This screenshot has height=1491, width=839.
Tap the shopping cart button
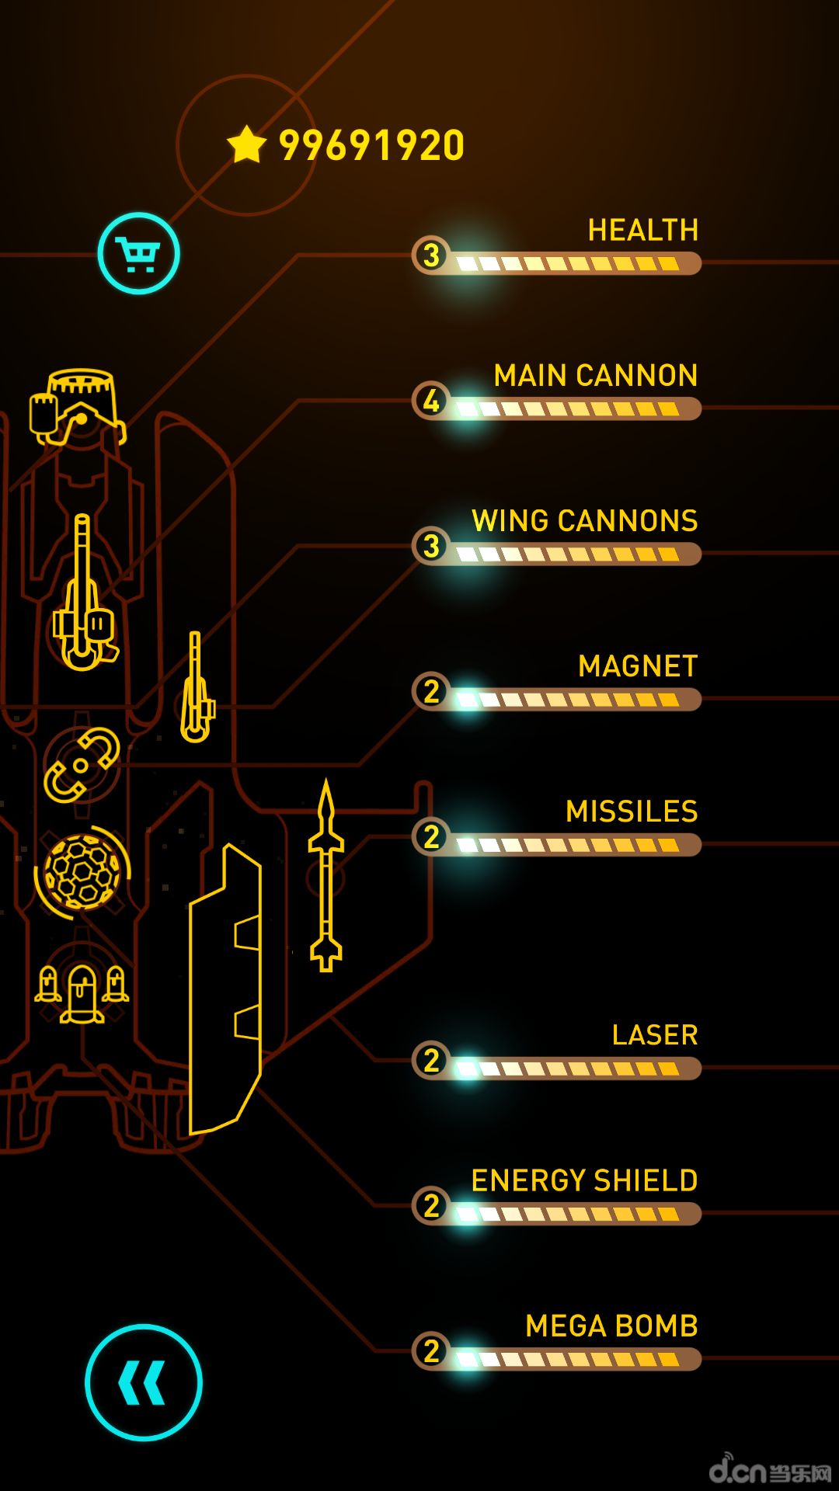138,253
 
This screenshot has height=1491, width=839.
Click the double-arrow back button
143,1382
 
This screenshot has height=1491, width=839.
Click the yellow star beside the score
247,144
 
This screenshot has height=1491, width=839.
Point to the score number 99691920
371,145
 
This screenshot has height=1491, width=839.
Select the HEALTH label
642,230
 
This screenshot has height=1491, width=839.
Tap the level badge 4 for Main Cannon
431,401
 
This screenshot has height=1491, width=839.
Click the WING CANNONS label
584,520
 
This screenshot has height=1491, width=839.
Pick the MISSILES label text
631,812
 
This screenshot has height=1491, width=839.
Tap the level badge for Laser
431,1060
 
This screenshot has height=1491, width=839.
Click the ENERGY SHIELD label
584,1180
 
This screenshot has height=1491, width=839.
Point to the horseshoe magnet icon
81,765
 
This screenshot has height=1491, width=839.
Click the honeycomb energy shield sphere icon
82,872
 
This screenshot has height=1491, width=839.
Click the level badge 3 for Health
431,255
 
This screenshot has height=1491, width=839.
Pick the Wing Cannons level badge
431,546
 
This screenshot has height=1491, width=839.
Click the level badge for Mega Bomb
431,1351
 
